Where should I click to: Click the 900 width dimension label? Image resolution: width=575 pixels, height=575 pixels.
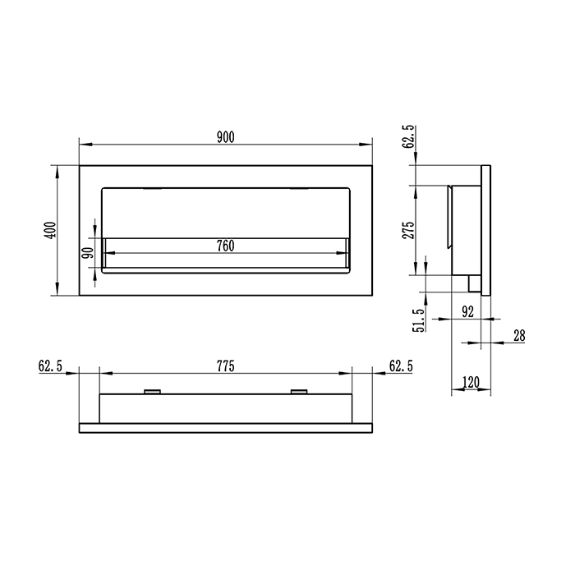click(226, 137)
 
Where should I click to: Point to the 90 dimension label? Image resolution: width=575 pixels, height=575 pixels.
click(88, 254)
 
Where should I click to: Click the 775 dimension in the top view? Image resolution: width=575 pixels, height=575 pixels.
click(226, 366)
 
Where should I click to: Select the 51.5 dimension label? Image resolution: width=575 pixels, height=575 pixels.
click(419, 320)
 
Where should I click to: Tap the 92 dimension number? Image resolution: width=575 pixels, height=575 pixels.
click(468, 310)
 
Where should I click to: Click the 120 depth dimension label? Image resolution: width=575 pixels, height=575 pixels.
click(471, 382)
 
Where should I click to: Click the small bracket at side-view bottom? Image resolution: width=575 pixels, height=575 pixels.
click(473, 283)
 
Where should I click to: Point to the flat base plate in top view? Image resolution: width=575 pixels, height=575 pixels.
click(226, 427)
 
